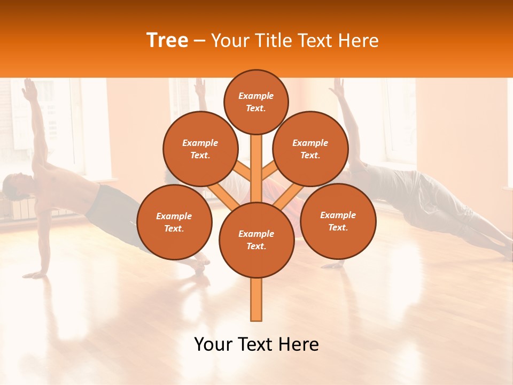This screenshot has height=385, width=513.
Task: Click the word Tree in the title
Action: click(x=167, y=41)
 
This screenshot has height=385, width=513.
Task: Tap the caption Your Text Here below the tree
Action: click(x=256, y=344)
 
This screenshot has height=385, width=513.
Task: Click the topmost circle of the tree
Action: click(x=256, y=102)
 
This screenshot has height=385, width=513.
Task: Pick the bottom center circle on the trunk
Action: click(x=256, y=240)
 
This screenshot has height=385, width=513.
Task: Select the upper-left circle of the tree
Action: click(x=200, y=149)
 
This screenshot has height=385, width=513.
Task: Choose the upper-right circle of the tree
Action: click(x=310, y=149)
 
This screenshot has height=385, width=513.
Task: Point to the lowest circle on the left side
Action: click(x=174, y=222)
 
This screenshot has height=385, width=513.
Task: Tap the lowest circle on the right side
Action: click(x=338, y=221)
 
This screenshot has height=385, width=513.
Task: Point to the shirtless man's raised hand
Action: click(x=29, y=89)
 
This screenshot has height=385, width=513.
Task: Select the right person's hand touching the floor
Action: click(x=332, y=265)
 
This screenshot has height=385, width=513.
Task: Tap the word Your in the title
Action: click(x=230, y=41)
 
